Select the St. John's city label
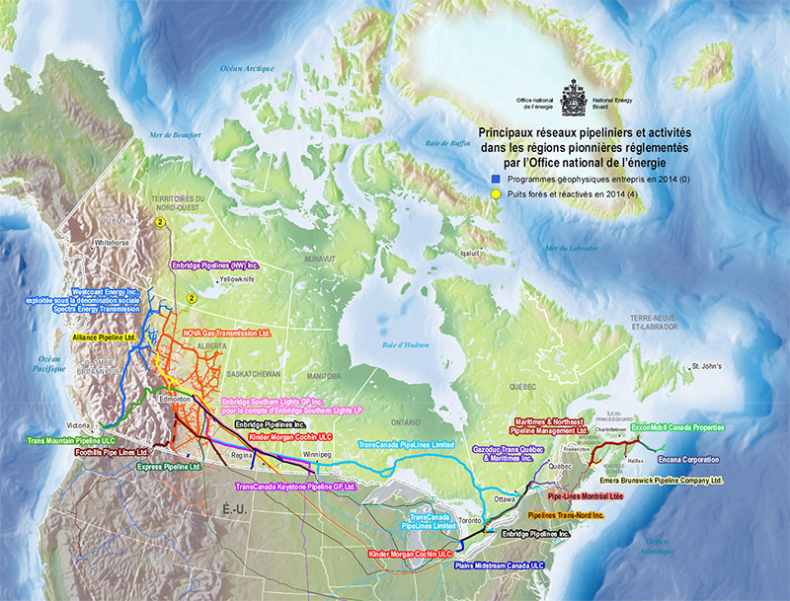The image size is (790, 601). pos(708,366)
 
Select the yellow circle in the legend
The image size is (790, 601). pos(495,195)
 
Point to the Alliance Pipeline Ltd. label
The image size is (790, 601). pos(102,337)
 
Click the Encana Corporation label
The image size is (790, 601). pos(708,459)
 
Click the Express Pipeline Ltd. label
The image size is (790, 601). pos(169,466)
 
